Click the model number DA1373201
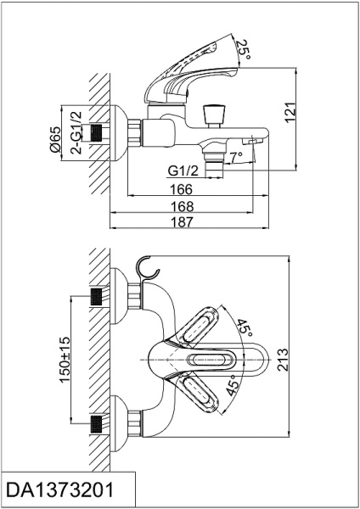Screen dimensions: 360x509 [60, 489]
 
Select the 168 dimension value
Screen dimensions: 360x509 [182, 206]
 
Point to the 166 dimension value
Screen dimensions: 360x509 [182, 189]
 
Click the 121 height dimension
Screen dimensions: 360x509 [290, 112]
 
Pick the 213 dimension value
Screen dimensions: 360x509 [283, 360]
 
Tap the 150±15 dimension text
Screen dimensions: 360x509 [65, 360]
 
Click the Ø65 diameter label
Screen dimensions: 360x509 [55, 140]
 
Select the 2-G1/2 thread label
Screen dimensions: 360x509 [76, 132]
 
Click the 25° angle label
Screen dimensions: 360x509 [244, 49]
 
